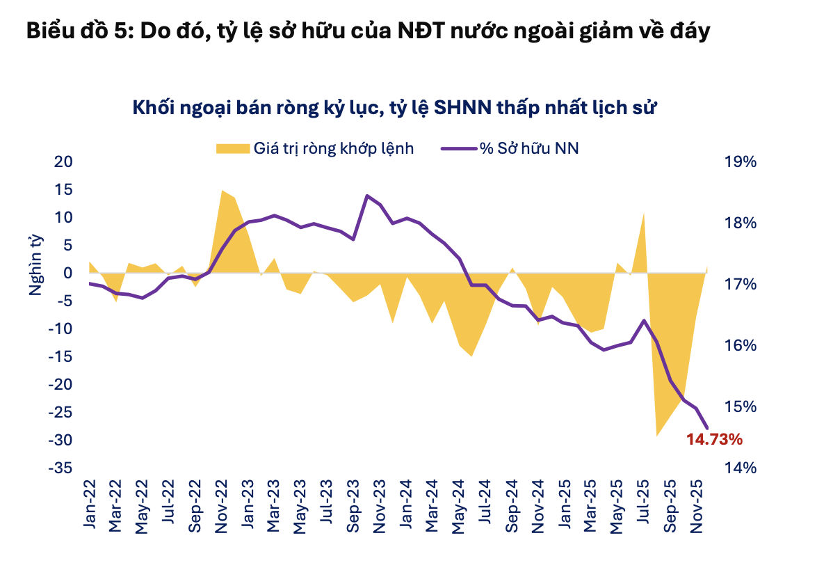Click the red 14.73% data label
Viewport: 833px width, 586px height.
pos(715,439)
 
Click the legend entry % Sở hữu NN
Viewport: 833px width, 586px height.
pos(510,148)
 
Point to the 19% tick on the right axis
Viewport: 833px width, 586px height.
pos(740,162)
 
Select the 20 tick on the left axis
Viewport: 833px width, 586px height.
pos(63,162)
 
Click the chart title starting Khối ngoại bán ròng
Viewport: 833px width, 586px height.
pos(394,109)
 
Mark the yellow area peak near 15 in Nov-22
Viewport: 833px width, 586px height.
pos(222,191)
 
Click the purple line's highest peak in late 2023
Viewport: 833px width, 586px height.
pos(367,196)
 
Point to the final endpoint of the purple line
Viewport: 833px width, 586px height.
pos(708,428)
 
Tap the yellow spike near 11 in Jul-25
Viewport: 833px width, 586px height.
pos(644,213)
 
